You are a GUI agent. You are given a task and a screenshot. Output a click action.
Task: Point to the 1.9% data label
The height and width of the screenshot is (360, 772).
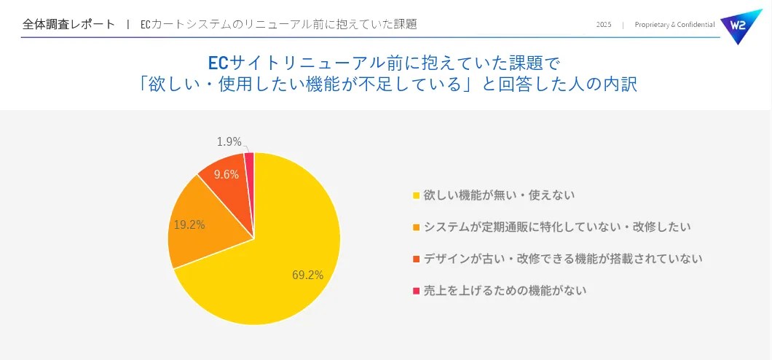pos(229,141)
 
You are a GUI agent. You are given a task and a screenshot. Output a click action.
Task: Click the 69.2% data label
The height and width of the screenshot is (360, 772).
pos(307,275)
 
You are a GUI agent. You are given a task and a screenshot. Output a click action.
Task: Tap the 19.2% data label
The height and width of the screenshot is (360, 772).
pos(189,224)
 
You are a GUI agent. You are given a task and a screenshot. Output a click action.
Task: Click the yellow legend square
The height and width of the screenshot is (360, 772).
pos(416,195)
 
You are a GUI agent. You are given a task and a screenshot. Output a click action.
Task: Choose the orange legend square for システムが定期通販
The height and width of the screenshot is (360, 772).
pos(416,227)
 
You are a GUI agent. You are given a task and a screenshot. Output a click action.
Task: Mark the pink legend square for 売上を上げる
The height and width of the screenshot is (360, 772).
pos(416,291)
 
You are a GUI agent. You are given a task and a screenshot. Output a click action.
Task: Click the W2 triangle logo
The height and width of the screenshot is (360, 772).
pos(739,25)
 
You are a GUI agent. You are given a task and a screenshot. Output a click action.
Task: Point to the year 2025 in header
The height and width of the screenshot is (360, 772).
pos(604,25)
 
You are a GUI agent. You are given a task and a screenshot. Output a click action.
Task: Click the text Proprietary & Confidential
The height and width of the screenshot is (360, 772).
pos(674,25)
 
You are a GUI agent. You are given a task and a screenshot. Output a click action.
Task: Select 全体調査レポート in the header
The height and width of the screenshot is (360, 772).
pos(68,24)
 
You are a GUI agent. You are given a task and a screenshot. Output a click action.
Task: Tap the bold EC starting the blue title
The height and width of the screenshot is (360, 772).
pos(218,61)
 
